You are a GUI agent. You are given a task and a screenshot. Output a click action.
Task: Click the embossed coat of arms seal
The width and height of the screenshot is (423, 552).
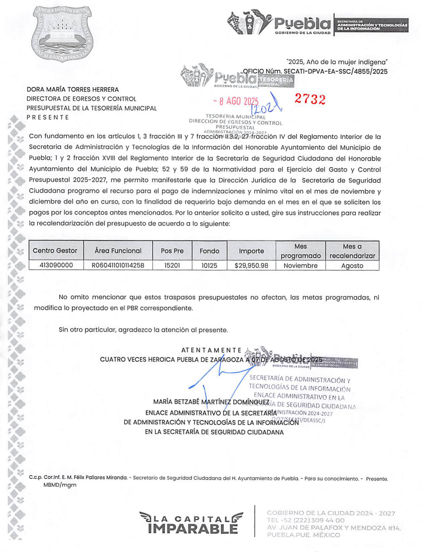point(62,34)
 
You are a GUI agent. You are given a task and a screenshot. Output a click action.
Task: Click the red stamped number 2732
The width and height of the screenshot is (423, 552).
point(310,99)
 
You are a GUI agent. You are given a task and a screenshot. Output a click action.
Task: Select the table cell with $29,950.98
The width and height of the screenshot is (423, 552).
point(251,265)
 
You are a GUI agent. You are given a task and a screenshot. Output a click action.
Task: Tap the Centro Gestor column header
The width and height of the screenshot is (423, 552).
point(55,250)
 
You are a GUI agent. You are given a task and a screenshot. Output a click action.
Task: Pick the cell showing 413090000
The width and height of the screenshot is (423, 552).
point(56,265)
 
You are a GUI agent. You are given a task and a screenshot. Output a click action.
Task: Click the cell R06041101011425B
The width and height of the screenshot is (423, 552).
point(118,265)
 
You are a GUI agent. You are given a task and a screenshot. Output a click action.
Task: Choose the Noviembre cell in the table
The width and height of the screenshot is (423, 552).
point(300,265)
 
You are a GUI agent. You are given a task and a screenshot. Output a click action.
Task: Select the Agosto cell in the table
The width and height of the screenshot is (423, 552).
point(352,266)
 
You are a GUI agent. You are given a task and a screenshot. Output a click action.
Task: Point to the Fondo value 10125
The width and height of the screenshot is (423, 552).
point(209,265)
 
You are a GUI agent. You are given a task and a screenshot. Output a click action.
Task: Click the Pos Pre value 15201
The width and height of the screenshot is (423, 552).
point(172,265)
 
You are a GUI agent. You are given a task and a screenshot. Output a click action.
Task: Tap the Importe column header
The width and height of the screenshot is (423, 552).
point(251,251)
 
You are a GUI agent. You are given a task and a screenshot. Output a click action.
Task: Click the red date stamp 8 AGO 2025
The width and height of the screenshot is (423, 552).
point(236,101)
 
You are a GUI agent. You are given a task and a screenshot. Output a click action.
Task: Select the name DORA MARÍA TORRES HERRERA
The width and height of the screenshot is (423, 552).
point(73,90)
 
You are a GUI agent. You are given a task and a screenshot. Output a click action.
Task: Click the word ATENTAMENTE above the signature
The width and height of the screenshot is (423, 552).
point(211,350)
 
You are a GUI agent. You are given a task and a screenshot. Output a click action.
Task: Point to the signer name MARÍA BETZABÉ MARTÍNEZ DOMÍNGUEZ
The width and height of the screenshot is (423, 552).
point(211,402)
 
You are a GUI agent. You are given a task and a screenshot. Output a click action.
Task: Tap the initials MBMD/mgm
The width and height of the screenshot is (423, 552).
point(60,485)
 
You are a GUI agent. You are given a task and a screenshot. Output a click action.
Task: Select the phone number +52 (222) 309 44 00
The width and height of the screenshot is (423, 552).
point(306,520)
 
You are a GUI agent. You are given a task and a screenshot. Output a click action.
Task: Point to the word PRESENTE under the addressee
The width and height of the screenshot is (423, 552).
point(48,117)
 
